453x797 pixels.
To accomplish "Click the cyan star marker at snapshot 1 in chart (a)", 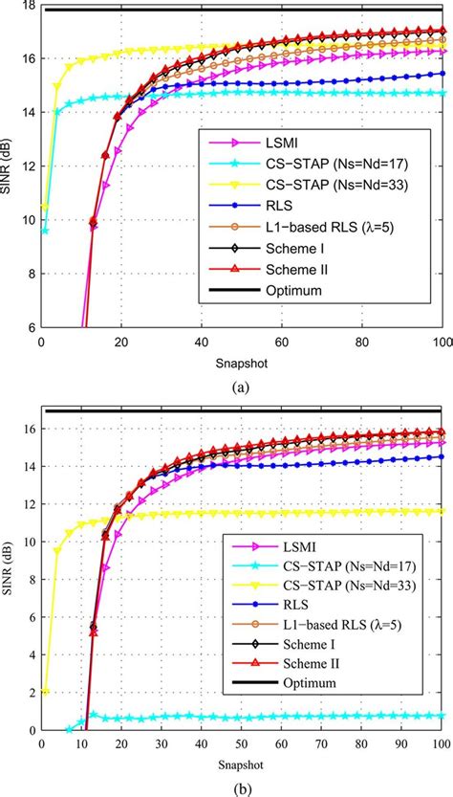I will click(45, 231).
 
